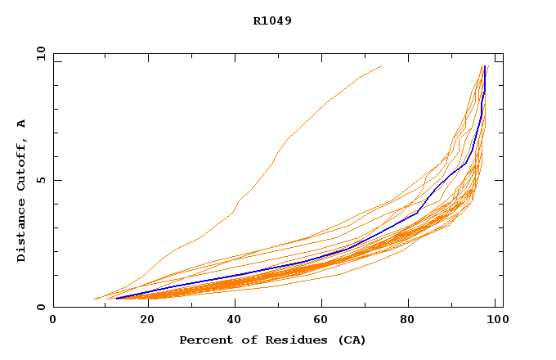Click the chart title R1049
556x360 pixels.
tap(272, 20)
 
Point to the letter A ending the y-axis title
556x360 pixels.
tap(21, 124)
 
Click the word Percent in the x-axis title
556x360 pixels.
tap(204, 340)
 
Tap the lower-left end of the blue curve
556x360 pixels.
tap(118, 298)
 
